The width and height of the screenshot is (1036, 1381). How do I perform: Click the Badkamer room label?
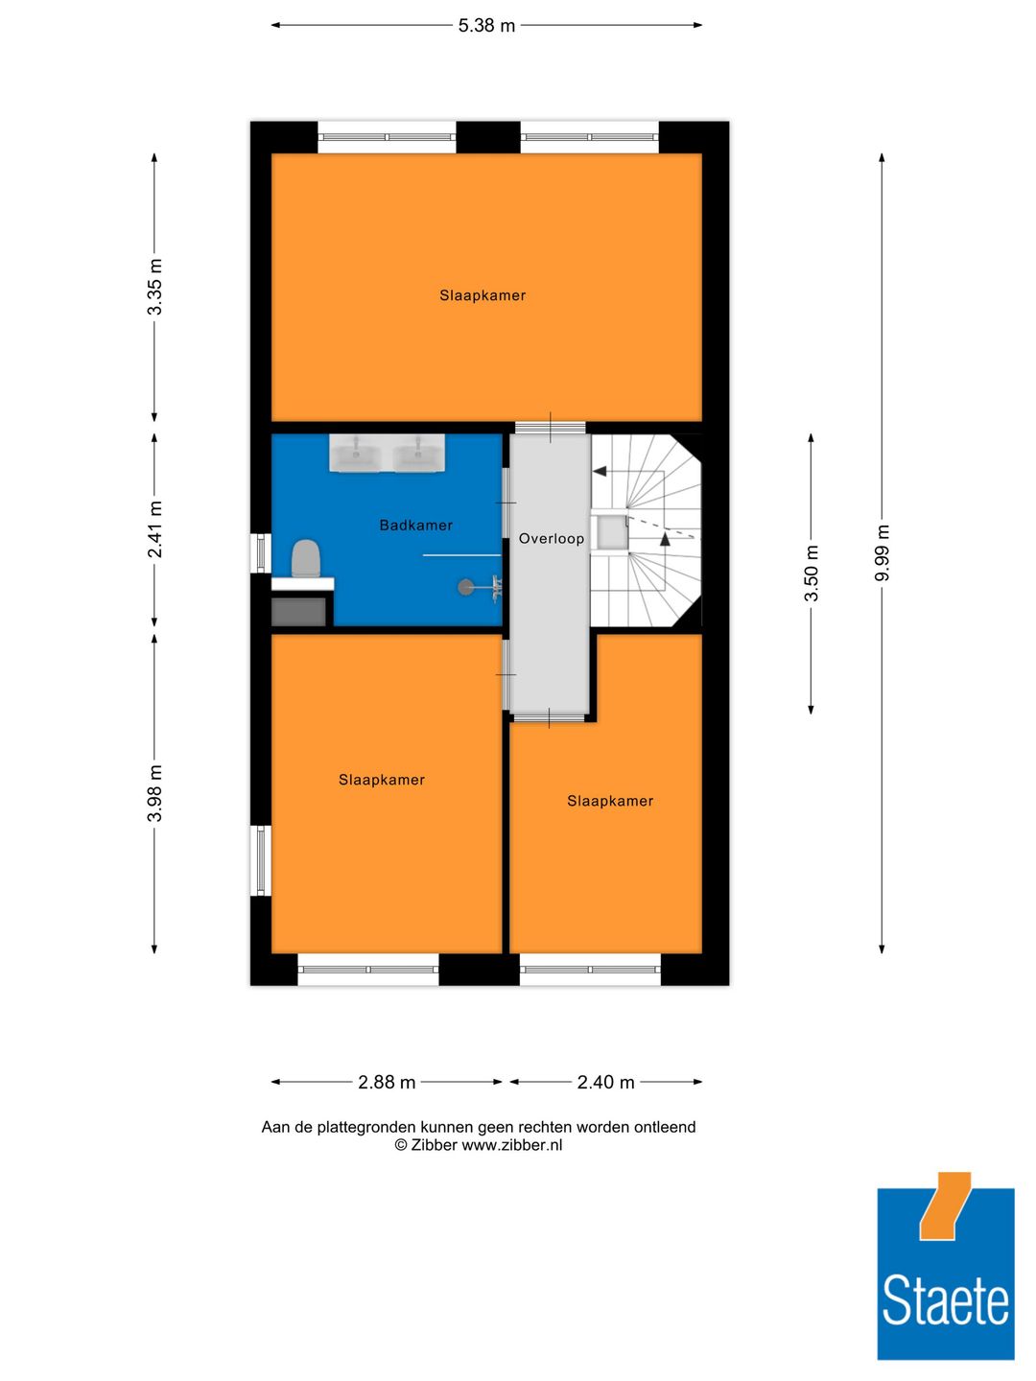tap(415, 525)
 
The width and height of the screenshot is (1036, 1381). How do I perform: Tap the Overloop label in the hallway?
tap(551, 538)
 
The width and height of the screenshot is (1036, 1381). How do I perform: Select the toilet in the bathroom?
tap(305, 558)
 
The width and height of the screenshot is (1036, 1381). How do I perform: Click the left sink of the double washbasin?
tap(356, 453)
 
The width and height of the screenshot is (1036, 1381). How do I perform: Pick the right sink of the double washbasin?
tap(418, 453)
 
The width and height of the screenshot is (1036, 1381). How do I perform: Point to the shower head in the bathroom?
tap(466, 587)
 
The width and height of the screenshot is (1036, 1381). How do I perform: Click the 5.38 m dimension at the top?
tap(486, 26)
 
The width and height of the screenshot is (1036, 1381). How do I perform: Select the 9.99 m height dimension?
tap(883, 552)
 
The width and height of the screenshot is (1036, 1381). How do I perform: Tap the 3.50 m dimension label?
tap(812, 573)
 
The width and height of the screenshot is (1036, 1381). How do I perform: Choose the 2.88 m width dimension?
tap(387, 1082)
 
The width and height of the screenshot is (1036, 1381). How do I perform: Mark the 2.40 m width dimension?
tap(605, 1082)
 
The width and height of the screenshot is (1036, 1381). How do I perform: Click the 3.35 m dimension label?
tap(154, 287)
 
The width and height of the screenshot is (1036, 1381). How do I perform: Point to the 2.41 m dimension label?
tap(154, 528)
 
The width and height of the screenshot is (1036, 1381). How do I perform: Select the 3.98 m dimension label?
tap(154, 793)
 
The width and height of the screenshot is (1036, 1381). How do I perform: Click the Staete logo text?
tap(945, 1301)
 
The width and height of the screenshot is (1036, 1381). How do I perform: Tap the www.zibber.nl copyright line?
tap(479, 1145)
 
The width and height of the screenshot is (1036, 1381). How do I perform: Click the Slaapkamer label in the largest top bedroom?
tap(483, 295)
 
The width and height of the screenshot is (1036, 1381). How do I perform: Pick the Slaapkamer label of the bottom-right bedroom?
tap(610, 801)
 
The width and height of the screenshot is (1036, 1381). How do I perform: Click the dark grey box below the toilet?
tap(299, 611)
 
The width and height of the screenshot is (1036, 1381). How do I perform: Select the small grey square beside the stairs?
tap(610, 532)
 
